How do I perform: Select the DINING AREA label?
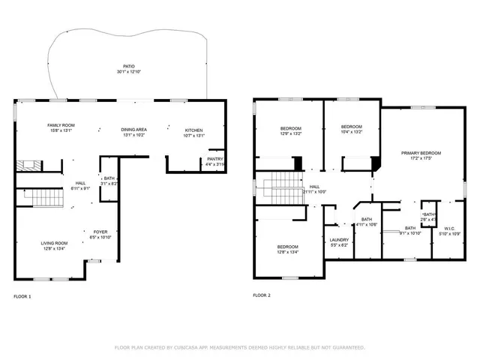(133, 130)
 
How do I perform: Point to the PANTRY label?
(214, 159)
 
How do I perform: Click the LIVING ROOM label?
(54, 243)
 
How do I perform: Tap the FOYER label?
(100, 232)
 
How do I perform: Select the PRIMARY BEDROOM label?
(421, 153)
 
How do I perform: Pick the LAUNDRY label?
(339, 240)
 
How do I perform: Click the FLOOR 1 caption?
(22, 296)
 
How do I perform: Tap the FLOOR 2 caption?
(262, 295)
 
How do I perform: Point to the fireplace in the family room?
(28, 164)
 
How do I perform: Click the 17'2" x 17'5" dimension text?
(421, 158)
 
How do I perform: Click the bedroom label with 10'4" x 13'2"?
(351, 126)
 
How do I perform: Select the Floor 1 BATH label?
(109, 178)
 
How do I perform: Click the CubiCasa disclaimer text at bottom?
(239, 347)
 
